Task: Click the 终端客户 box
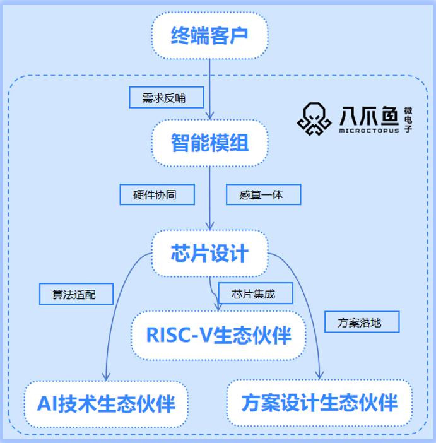(209, 35)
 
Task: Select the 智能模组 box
(209, 143)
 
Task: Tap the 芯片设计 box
(209, 254)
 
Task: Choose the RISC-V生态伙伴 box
(218, 335)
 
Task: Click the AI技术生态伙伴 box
(105, 403)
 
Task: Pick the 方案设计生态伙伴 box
(319, 403)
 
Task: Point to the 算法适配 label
(74, 294)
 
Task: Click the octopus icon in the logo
(314, 119)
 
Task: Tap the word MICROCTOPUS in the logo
(368, 131)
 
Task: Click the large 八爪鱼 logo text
(368, 115)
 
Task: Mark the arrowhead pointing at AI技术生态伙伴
(106, 377)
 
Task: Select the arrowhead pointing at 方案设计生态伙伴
(319, 377)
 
